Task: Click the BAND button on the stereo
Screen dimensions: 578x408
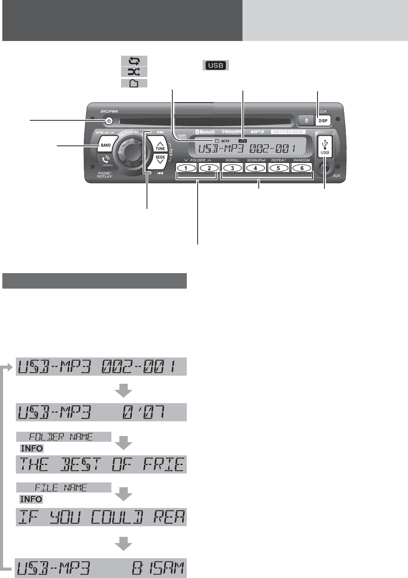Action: coord(106,145)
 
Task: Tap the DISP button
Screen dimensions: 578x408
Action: coord(323,121)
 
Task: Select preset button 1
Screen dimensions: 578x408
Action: coord(186,168)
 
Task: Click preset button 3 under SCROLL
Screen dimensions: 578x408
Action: coord(232,168)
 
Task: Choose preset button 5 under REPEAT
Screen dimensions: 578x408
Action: coord(278,168)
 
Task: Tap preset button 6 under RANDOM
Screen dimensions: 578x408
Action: coord(302,168)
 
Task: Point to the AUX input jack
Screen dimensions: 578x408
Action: coord(325,168)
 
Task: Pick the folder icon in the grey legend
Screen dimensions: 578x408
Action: coord(134,83)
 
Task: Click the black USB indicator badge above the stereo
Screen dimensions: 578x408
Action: coord(215,65)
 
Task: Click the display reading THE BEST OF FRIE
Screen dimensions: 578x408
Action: coord(101,465)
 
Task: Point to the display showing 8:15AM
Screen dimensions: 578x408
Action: coord(101,569)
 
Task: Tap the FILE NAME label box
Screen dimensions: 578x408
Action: coord(64,487)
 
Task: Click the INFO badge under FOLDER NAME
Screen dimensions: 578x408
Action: coord(32,449)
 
